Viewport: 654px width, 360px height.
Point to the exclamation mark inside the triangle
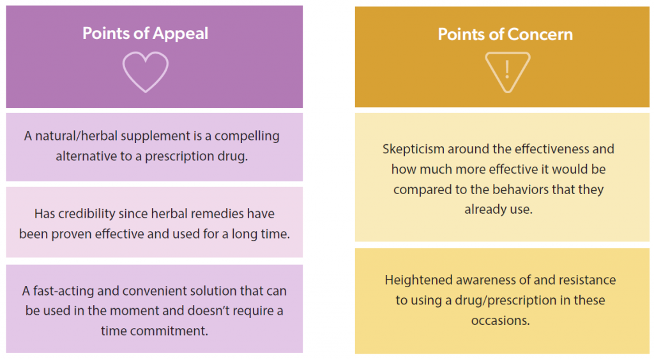click(507, 70)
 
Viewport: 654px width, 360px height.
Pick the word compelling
click(247, 136)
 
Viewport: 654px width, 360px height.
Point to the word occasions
click(501, 320)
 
